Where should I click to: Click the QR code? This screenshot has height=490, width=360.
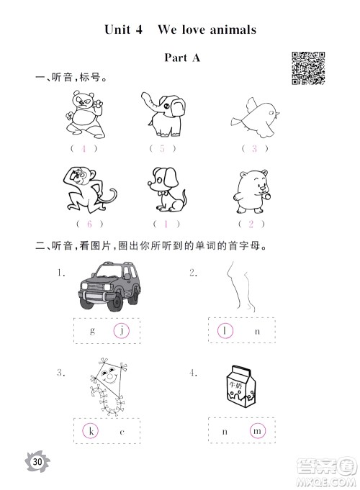pyautogui.click(x=308, y=68)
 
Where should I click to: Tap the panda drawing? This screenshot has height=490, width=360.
pyautogui.click(x=85, y=114)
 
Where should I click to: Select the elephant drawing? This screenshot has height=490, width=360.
pyautogui.click(x=163, y=114)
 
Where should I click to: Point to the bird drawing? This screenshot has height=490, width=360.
pyautogui.click(x=256, y=118)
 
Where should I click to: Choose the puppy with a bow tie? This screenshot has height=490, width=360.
pyautogui.click(x=167, y=190)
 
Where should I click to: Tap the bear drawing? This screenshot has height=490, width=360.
pyautogui.click(x=252, y=191)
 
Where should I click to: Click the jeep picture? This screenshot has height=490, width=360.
pyautogui.click(x=109, y=286)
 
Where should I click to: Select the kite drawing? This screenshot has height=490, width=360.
pyautogui.click(x=108, y=387)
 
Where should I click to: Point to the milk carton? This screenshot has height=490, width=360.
pyautogui.click(x=240, y=386)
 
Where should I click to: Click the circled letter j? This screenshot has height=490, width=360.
pyautogui.click(x=122, y=331)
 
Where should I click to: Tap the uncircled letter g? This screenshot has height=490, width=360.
pyautogui.click(x=92, y=331)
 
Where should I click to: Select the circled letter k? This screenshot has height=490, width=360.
pyautogui.click(x=91, y=431)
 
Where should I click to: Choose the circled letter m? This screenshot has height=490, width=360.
pyautogui.click(x=258, y=431)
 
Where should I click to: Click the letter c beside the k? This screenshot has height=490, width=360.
pyautogui.click(x=122, y=432)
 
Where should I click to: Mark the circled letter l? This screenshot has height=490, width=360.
pyautogui.click(x=225, y=331)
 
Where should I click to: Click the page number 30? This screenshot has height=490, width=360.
pyautogui.click(x=37, y=461)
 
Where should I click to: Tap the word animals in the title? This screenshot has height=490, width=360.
pyautogui.click(x=233, y=30)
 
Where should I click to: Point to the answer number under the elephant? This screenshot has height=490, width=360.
pyautogui.click(x=162, y=148)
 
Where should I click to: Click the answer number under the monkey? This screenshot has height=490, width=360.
pyautogui.click(x=89, y=224)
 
